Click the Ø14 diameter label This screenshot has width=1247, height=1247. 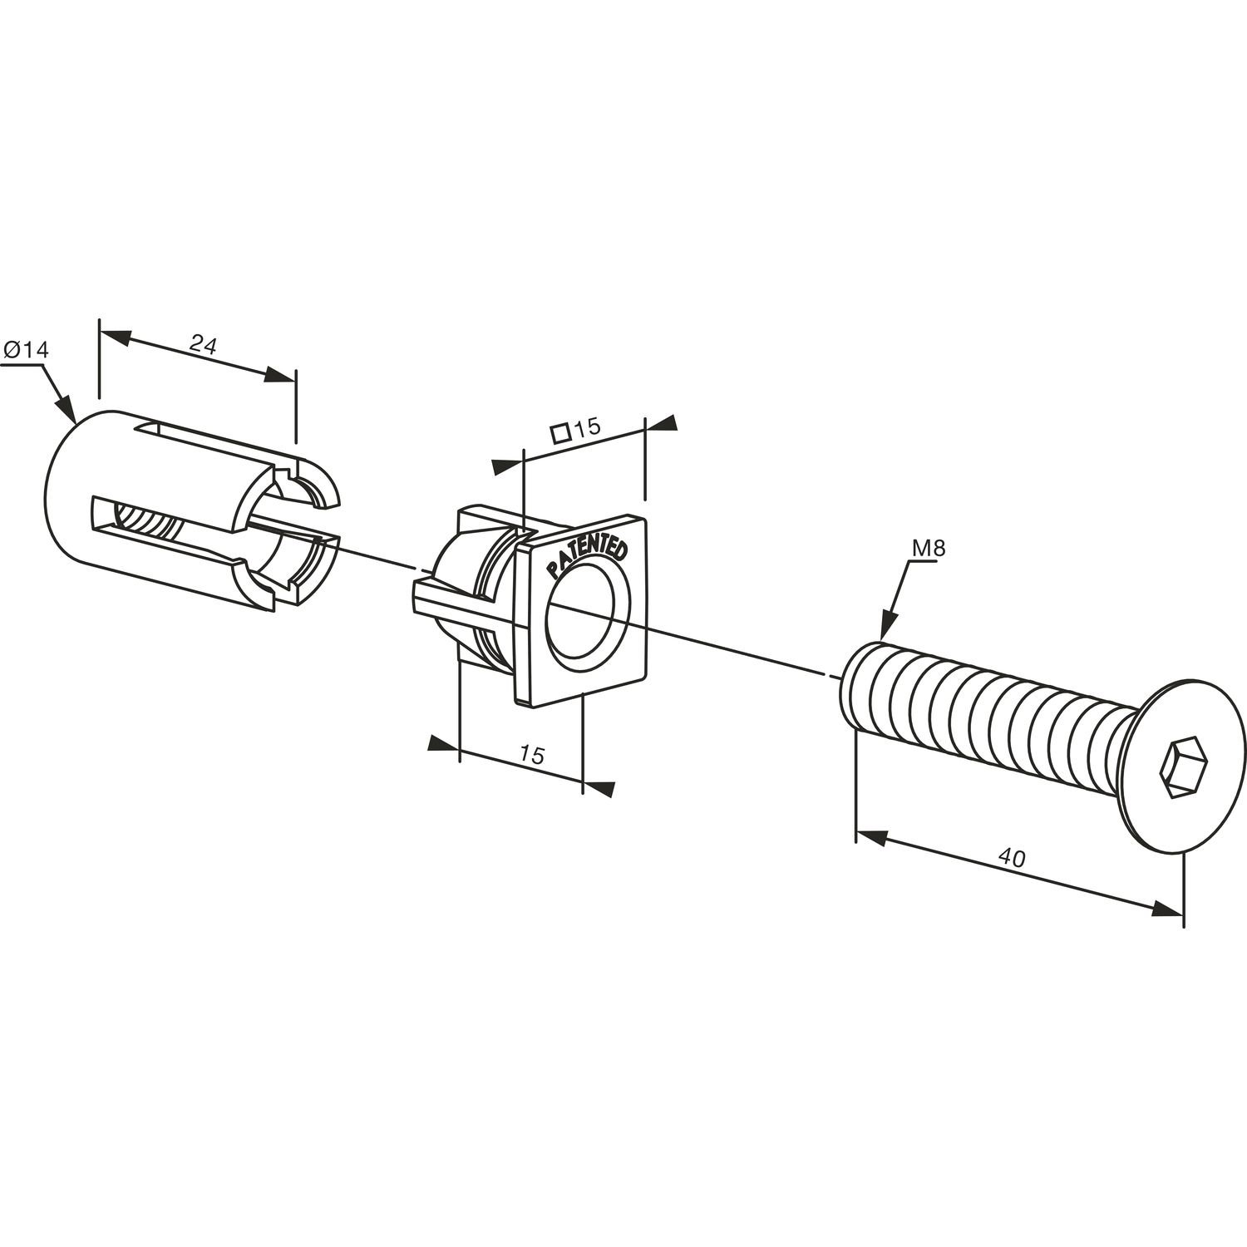point(26,350)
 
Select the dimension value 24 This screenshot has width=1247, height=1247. point(203,343)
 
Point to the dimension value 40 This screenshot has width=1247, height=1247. point(1012,859)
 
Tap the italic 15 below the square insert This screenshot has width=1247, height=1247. point(532,755)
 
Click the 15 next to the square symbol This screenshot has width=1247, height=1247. point(587,427)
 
